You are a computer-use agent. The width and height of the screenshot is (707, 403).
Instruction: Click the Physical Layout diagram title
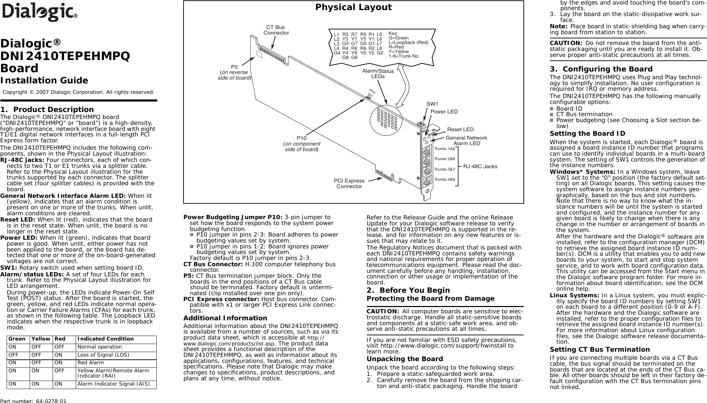[353, 7]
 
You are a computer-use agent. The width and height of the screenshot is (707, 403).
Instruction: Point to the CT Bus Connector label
[276, 30]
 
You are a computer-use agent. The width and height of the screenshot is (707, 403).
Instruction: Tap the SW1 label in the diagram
[432, 104]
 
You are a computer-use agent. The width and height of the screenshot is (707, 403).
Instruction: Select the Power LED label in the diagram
[444, 112]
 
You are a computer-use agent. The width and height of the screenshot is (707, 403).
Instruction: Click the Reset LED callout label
[460, 130]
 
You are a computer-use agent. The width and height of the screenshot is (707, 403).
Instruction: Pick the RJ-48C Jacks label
[480, 166]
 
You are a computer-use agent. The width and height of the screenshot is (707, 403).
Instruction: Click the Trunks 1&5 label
[445, 149]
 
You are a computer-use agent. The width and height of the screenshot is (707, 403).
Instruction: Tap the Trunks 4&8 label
[445, 179]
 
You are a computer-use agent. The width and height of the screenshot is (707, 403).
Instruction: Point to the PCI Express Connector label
[349, 184]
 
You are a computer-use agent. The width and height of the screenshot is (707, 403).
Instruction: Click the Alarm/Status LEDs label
[378, 74]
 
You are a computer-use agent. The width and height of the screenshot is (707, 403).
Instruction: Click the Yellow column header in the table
[40, 339]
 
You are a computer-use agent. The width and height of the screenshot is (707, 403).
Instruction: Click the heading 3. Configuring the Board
[601, 69]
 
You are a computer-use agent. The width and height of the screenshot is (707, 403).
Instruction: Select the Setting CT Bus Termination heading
[600, 350]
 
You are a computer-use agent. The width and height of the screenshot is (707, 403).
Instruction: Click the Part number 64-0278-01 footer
[33, 401]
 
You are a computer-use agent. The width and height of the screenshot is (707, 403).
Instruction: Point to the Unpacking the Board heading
[404, 359]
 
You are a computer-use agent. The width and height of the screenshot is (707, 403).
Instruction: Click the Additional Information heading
[225, 318]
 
